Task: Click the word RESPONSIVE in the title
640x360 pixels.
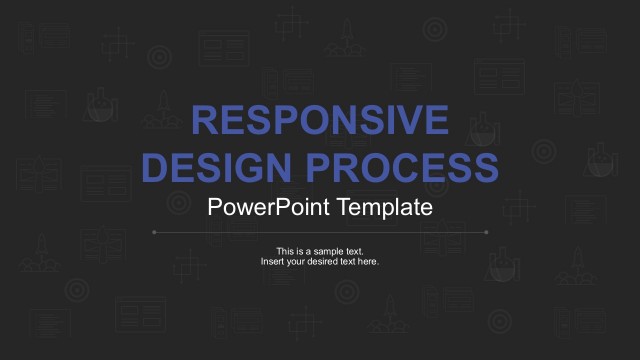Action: pos(320,120)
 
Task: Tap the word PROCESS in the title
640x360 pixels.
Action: pos(404,165)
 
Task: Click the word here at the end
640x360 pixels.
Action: pos(369,262)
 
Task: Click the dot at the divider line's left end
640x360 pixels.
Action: pos(153,232)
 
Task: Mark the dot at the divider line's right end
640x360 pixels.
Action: pos(486,232)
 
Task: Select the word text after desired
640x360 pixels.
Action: pos(349,262)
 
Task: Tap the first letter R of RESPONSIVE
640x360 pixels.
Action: pos(204,120)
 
